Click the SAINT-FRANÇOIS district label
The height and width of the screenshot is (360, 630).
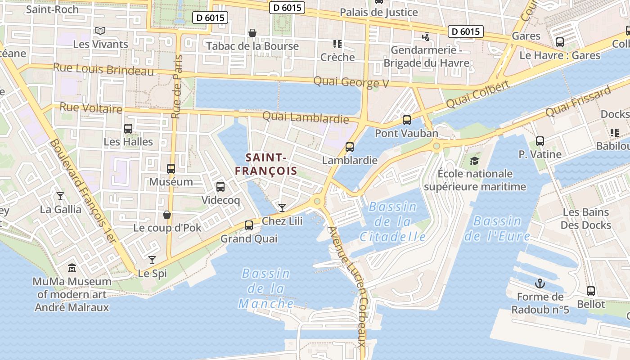click(266, 164)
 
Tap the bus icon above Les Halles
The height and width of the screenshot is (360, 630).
click(128, 129)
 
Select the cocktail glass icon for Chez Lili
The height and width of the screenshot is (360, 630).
click(282, 207)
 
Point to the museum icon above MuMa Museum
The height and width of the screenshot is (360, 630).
click(72, 269)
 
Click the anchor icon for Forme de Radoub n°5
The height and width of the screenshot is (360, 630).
click(540, 283)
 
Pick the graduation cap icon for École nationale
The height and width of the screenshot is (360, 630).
click(474, 161)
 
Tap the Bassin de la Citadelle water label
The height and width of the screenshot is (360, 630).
click(393, 222)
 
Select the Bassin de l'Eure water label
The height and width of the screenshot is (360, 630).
click(497, 228)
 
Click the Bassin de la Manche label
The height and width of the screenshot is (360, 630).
click(266, 288)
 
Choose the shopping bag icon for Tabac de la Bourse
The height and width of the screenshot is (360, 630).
click(252, 33)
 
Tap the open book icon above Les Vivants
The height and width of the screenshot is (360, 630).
click(100, 31)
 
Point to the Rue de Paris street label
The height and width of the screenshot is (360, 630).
click(177, 86)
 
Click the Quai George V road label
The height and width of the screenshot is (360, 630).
click(351, 82)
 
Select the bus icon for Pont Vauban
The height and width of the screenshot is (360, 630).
click(407, 120)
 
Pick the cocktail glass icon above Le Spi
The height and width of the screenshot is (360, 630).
click(152, 260)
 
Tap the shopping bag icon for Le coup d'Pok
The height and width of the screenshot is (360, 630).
click(167, 215)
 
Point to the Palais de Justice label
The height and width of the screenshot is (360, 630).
click(379, 12)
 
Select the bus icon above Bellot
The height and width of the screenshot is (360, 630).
click(591, 291)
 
